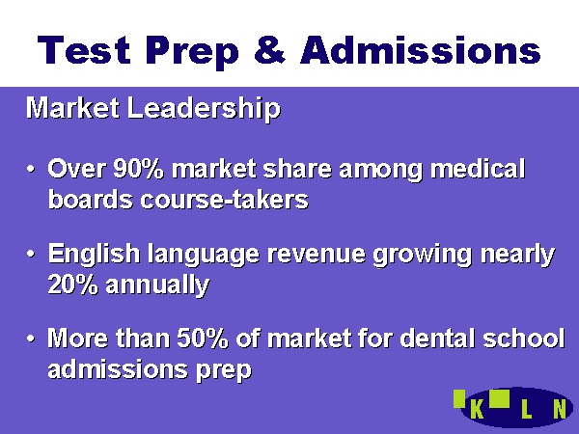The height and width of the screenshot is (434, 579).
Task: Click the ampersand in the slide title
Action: tap(269, 49)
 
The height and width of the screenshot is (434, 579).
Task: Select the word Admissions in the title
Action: tap(421, 49)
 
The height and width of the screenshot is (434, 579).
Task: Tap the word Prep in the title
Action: tap(192, 52)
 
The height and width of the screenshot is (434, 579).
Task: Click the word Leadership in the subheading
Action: tap(204, 109)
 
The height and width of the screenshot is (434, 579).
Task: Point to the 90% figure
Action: tap(138, 169)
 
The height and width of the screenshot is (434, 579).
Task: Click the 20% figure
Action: tap(72, 285)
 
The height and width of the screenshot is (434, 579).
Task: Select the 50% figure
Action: tap(203, 339)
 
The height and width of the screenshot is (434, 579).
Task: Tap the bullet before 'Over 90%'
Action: tap(31, 170)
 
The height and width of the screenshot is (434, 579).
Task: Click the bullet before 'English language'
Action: tap(31, 255)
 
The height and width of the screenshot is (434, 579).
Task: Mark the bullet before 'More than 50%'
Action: tap(31, 339)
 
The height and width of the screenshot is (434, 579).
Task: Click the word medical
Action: tap(478, 169)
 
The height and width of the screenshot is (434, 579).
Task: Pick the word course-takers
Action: tap(224, 200)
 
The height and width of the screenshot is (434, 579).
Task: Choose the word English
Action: tap(94, 255)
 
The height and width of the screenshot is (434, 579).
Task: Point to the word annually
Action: tap(157, 285)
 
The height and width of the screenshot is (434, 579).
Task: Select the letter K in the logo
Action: tap(477, 409)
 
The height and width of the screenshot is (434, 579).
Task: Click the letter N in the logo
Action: tap(560, 409)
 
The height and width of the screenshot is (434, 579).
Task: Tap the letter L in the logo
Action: tap(526, 409)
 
